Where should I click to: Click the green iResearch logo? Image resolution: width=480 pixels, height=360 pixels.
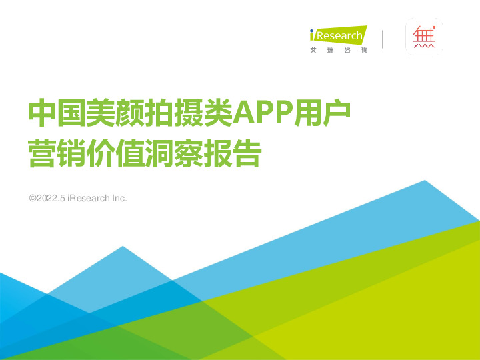tap(338, 35)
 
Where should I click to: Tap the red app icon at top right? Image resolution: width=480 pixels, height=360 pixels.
tap(424, 37)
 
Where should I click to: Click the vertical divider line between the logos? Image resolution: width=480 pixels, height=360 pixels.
tap(383, 39)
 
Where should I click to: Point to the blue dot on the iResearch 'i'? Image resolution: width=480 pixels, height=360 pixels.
tap(312, 31)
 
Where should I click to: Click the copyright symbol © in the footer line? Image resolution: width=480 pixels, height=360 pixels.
tap(32, 199)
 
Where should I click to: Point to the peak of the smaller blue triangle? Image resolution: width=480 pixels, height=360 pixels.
tap(122, 246)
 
